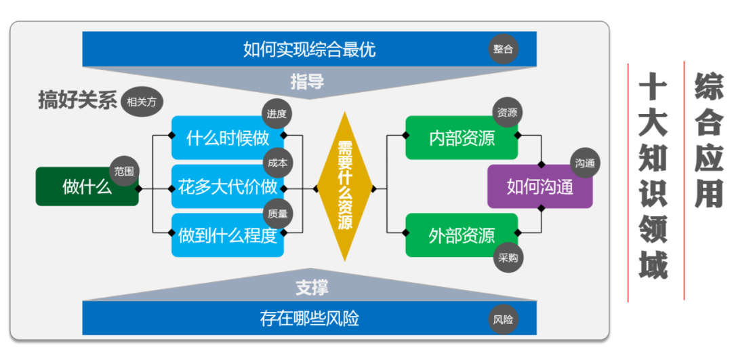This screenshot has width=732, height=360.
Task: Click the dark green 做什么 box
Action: pyautogui.click(x=87, y=187)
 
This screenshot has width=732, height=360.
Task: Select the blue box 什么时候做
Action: pyautogui.click(x=228, y=139)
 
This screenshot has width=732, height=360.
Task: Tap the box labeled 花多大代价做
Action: pyautogui.click(x=228, y=186)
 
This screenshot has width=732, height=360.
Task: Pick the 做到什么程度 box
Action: pyautogui.click(x=228, y=235)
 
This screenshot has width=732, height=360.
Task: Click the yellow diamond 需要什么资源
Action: pyautogui.click(x=345, y=186)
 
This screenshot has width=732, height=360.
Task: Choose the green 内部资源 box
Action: pyautogui.click(x=462, y=138)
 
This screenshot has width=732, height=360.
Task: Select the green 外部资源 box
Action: pyautogui.click(x=462, y=235)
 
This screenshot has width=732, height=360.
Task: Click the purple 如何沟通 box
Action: pyautogui.click(x=540, y=187)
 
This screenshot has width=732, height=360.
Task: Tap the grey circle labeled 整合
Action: pyautogui.click(x=504, y=49)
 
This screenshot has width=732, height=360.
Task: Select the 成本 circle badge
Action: pyautogui.click(x=277, y=163)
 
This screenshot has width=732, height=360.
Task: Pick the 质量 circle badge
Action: pyautogui.click(x=277, y=213)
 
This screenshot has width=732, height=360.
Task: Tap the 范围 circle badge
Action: pyautogui.click(x=123, y=172)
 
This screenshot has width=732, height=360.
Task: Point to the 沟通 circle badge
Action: pyautogui.click(x=585, y=163)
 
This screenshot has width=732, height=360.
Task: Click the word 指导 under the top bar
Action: pyautogui.click(x=307, y=83)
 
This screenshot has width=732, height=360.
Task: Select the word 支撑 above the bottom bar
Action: pyautogui.click(x=312, y=287)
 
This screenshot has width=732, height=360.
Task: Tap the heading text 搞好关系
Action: pyautogui.click(x=77, y=100)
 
